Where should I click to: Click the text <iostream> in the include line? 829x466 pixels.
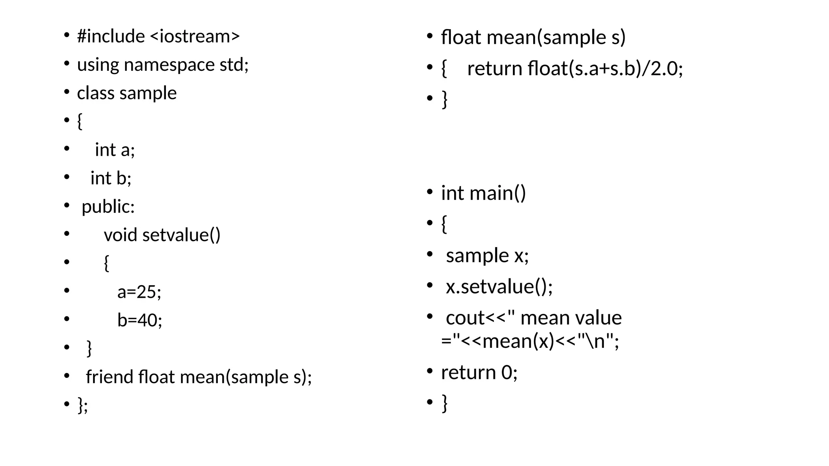pyautogui.click(x=195, y=36)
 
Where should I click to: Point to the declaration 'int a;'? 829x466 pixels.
pyautogui.click(x=115, y=150)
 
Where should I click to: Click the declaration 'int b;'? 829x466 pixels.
pyautogui.click(x=111, y=178)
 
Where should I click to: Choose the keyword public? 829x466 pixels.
pyautogui.click(x=108, y=207)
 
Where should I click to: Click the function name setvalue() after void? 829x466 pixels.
pyautogui.click(x=181, y=235)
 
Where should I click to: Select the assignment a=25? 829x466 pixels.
pyautogui.click(x=139, y=292)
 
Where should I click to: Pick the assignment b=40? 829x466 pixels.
pyautogui.click(x=140, y=320)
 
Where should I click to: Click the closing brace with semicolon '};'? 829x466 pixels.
pyautogui.click(x=83, y=405)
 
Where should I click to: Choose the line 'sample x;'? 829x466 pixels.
pyautogui.click(x=487, y=256)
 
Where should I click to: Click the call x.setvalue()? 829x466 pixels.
pyautogui.click(x=499, y=287)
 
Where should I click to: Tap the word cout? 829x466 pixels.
pyautogui.click(x=464, y=318)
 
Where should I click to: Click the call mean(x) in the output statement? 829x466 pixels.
pyautogui.click(x=518, y=341)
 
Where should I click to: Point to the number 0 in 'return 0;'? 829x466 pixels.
pyautogui.click(x=506, y=372)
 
